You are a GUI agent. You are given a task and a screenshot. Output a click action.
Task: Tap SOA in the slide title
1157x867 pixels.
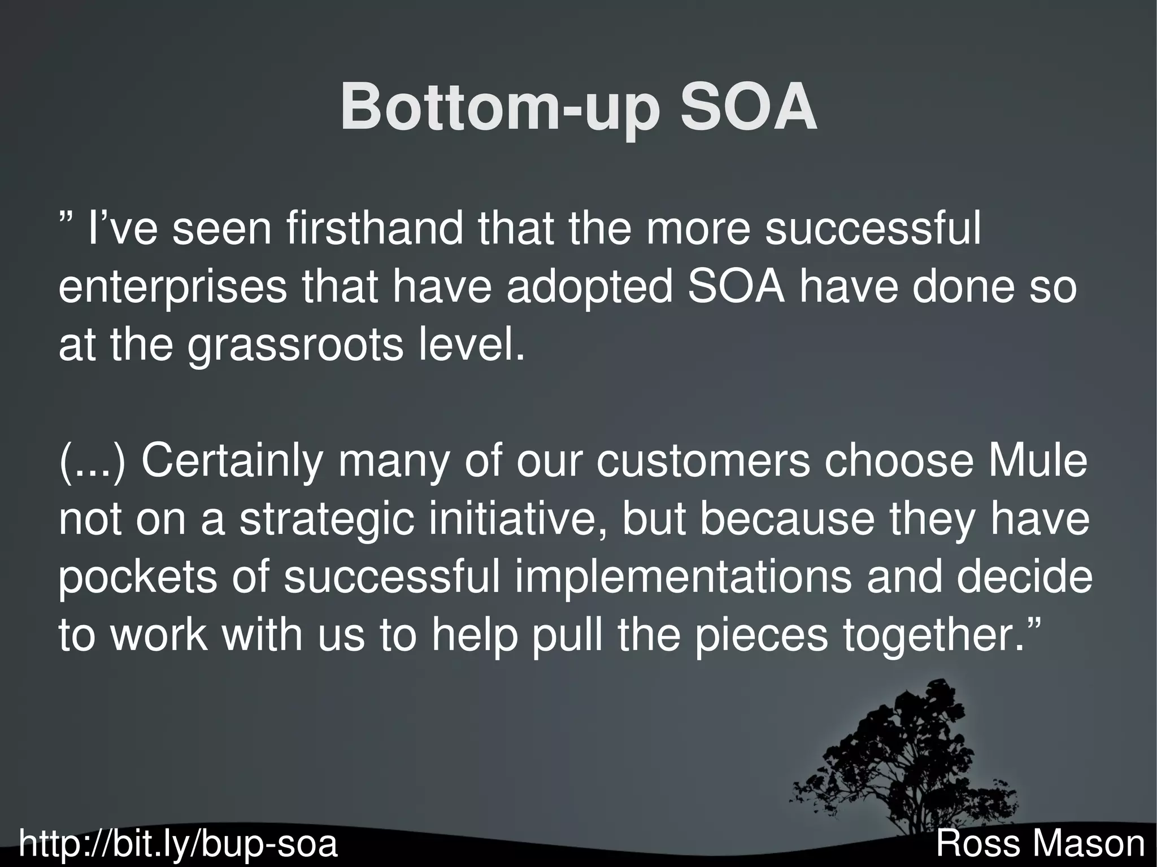pyautogui.click(x=749, y=107)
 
